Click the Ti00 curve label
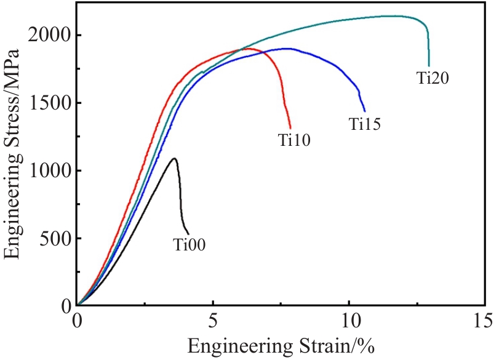(x=189, y=246)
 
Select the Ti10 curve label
(x=294, y=141)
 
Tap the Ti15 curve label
(x=365, y=125)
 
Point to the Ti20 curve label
(x=434, y=78)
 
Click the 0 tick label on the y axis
(x=66, y=306)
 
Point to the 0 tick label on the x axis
(x=78, y=321)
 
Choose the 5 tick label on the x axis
(x=213, y=321)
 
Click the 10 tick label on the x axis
(x=349, y=321)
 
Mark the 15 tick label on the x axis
(x=484, y=321)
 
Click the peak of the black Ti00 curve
(x=175, y=158)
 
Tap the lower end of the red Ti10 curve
(x=290, y=128)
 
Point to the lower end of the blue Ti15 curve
(x=365, y=111)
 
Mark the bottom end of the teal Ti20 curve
(x=429, y=66)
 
